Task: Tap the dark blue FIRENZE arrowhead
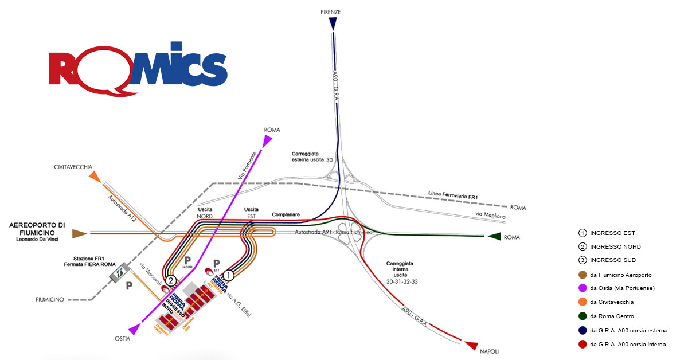(333, 24)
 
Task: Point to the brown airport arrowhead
(79, 234)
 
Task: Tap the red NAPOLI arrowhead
(471, 345)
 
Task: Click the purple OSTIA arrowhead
(135, 328)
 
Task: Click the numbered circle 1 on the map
(229, 275)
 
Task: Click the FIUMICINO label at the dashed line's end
(48, 299)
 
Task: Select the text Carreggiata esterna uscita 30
(312, 158)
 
